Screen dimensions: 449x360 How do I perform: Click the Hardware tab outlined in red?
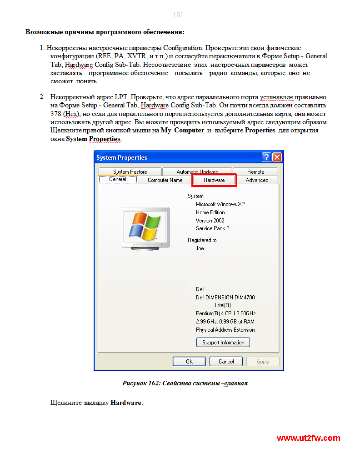[x=214, y=180]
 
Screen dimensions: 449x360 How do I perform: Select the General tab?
[x=118, y=179]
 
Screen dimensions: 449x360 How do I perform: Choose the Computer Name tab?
[x=165, y=180]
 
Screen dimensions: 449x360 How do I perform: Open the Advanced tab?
[x=257, y=180]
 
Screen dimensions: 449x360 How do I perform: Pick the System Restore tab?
[x=130, y=172]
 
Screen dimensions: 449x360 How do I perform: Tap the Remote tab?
[x=255, y=172]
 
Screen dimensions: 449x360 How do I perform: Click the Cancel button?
[x=226, y=362]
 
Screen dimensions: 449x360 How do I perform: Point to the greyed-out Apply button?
[x=263, y=362]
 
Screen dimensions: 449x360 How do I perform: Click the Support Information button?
[x=223, y=343]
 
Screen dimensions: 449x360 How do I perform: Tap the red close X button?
[x=277, y=157]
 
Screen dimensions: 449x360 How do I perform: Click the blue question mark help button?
[x=266, y=157]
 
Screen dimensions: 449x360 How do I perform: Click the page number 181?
[x=178, y=15]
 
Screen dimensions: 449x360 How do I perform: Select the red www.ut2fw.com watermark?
[x=308, y=439]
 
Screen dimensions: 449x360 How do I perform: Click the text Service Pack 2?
[x=212, y=228]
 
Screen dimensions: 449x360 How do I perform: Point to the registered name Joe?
[x=200, y=248]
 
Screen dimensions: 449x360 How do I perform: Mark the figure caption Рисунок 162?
[x=185, y=383]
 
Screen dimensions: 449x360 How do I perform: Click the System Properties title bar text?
[x=122, y=157]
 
